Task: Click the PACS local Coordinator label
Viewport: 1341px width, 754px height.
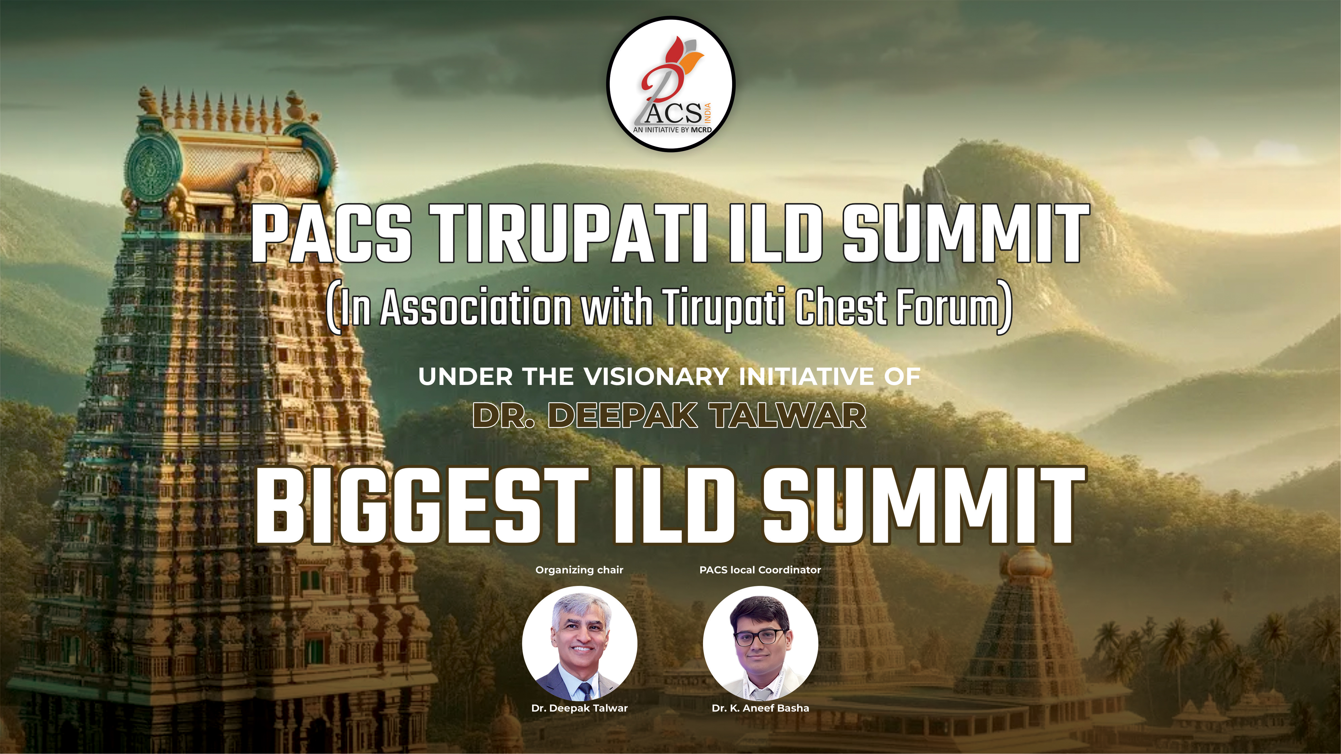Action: [x=760, y=570]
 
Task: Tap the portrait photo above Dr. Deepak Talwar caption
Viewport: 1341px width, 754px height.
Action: [x=579, y=643]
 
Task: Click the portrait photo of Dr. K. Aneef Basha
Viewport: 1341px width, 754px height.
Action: [x=760, y=643]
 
